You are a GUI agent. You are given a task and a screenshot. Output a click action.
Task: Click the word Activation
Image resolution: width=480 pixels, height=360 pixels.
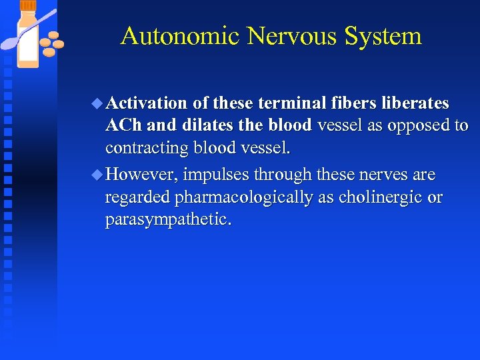coord(147,103)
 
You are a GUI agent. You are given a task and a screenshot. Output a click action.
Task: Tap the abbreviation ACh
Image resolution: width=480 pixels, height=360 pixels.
coord(123,125)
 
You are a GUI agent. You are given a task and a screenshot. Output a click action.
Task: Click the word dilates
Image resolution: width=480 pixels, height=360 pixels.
coord(208,125)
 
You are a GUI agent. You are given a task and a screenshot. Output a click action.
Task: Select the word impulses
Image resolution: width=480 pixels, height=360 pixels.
coord(216,175)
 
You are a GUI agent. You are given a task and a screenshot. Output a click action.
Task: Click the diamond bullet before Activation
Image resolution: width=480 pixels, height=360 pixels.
coord(98,103)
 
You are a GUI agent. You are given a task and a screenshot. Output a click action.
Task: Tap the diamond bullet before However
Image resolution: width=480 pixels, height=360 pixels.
coord(98,175)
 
